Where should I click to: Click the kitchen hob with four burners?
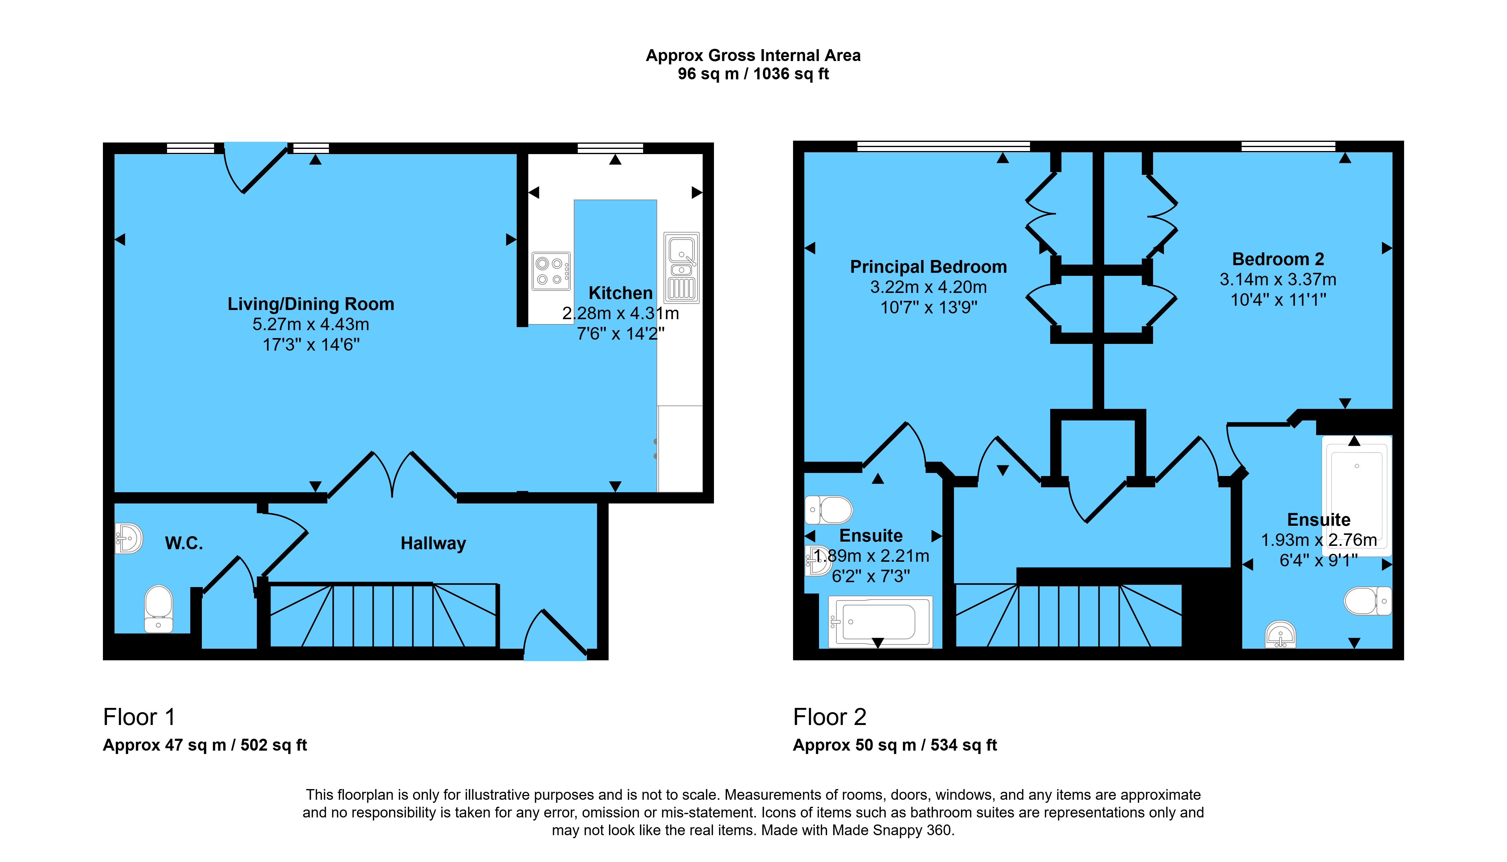[551, 271]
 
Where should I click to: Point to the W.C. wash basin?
[129, 538]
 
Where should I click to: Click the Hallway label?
[433, 543]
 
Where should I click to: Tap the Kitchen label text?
[620, 293]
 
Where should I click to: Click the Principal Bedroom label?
[928, 267]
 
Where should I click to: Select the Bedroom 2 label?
[1278, 259]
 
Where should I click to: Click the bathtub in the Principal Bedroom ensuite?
[880, 622]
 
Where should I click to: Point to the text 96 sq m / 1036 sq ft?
[754, 74]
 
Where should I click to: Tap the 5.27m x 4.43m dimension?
[311, 324]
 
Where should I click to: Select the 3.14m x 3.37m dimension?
[1278, 280]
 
